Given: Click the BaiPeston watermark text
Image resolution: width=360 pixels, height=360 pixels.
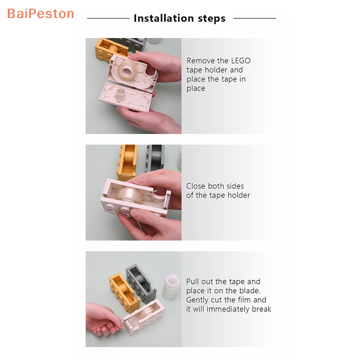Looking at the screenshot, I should coord(40,13).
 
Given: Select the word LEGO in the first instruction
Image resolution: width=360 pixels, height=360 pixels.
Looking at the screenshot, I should coord(241,60).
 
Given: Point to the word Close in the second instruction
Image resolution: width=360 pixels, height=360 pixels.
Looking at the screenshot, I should coord(197,186).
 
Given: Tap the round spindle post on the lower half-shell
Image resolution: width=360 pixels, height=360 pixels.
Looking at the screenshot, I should coord(120,94).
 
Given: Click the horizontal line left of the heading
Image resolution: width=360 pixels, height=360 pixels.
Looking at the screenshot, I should coord(108,18).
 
